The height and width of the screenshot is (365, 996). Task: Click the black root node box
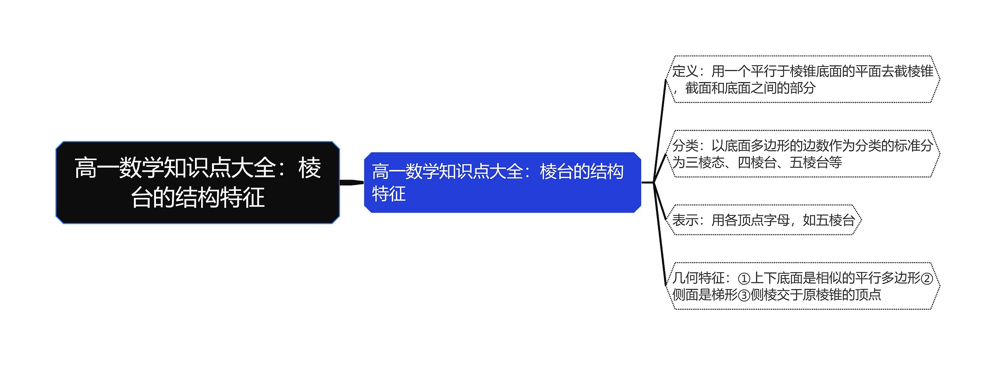[x=198, y=182]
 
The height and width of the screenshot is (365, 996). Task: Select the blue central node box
[x=502, y=182]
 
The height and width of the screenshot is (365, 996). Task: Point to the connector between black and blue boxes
[x=352, y=182]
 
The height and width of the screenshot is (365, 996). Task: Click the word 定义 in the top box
[x=686, y=71]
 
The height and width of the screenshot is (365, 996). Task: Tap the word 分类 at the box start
[x=686, y=146]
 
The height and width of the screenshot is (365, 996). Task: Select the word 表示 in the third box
[x=686, y=220]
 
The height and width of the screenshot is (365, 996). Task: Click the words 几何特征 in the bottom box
[x=698, y=278]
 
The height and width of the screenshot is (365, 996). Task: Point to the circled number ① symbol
[x=743, y=278]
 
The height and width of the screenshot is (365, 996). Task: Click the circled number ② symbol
[x=927, y=278]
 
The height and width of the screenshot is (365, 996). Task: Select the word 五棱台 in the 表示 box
[x=835, y=220]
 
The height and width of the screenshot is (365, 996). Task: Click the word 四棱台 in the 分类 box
[x=757, y=162]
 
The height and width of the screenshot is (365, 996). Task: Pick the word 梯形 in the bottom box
[x=724, y=295]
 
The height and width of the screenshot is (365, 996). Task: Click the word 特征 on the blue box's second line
[x=389, y=194]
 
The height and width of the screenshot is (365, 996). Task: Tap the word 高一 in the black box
[x=96, y=168]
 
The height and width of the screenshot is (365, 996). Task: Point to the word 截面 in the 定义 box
[x=698, y=88]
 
